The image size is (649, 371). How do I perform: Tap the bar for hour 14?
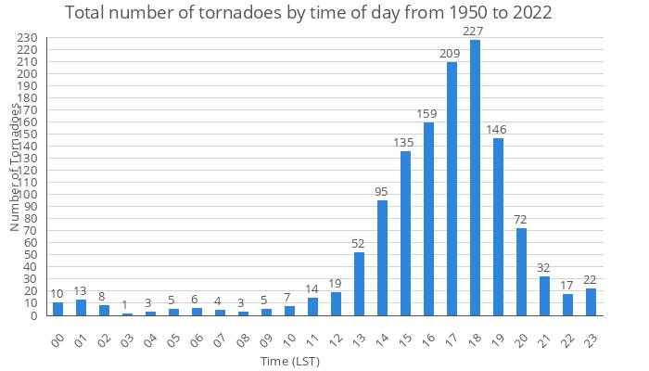click(x=382, y=258)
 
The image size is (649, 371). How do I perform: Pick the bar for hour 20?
click(x=521, y=272)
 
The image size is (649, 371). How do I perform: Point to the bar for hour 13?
click(x=359, y=284)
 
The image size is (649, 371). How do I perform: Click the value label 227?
click(x=475, y=32)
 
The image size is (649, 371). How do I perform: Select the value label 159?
click(x=428, y=114)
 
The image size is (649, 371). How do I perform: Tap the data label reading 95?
click(x=382, y=192)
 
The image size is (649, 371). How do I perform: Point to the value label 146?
click(x=498, y=130)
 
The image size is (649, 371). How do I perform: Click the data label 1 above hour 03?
click(x=127, y=305)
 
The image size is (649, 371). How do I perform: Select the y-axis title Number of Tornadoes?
click(x=16, y=167)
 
